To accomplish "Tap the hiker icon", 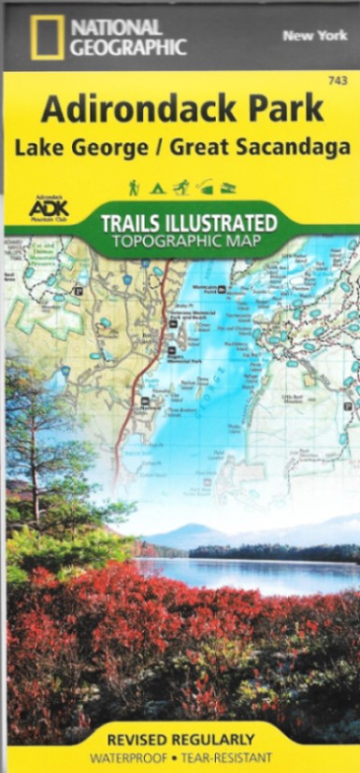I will (x=134, y=187).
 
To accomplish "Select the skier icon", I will (x=181, y=187).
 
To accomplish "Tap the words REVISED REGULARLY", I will (x=180, y=739).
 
